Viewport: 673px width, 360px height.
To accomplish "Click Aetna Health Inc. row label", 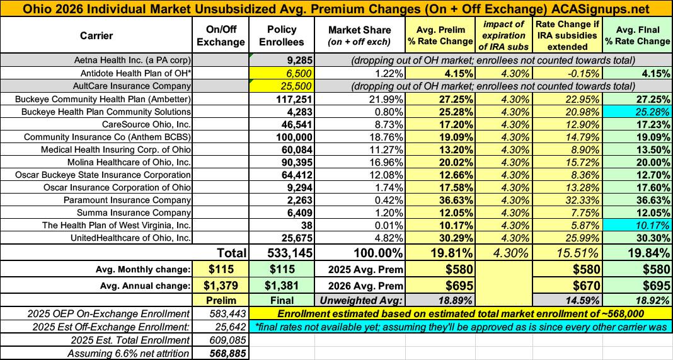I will (x=132, y=61).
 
